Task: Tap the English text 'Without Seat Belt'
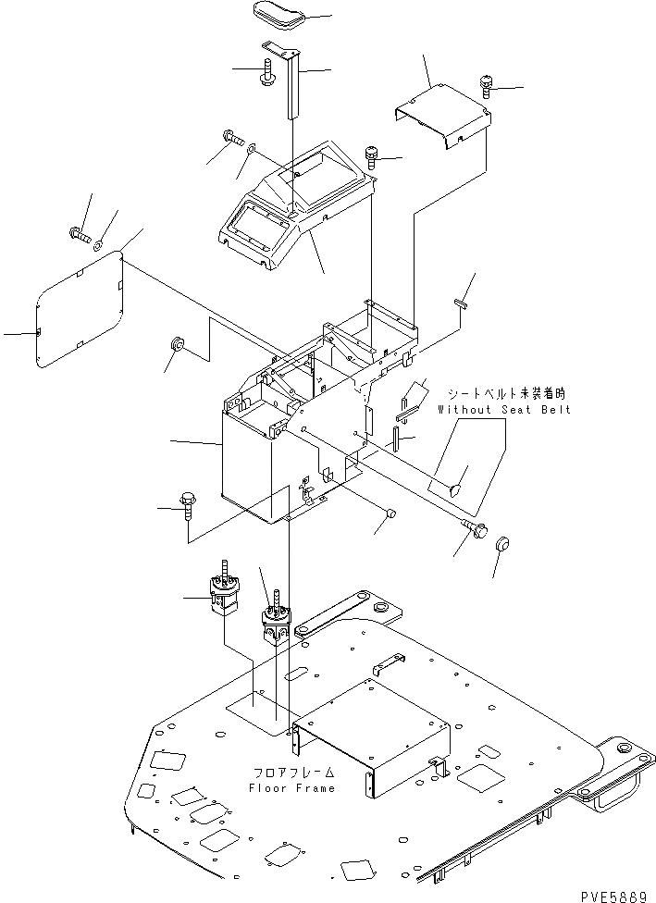pyautogui.click(x=504, y=409)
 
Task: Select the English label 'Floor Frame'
pyautogui.click(x=291, y=787)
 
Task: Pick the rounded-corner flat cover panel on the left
pyautogui.click(x=81, y=308)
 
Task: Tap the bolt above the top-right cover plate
pyautogui.click(x=487, y=87)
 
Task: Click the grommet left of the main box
pyautogui.click(x=176, y=346)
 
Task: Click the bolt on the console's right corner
pyautogui.click(x=374, y=155)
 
